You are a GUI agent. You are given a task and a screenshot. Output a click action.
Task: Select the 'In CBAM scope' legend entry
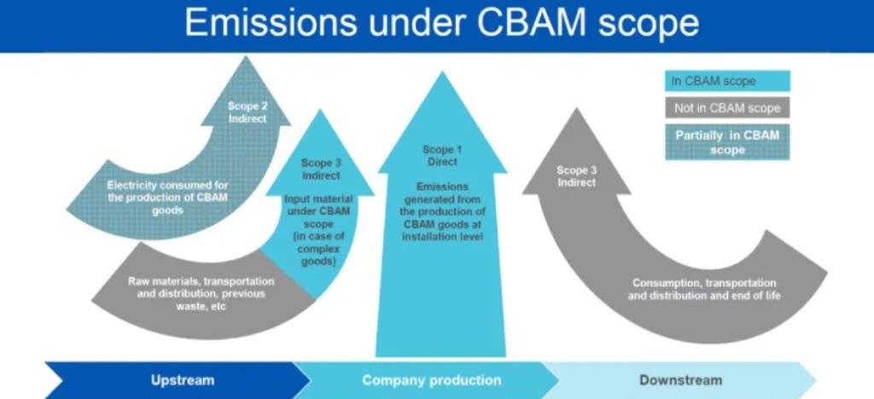(727, 82)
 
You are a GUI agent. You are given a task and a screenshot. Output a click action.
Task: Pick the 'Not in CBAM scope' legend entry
(727, 108)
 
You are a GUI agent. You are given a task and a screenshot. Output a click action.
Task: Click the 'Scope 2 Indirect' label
(247, 112)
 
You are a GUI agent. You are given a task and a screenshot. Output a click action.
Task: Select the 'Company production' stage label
(431, 379)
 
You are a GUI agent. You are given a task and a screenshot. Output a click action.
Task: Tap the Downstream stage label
(680, 379)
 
